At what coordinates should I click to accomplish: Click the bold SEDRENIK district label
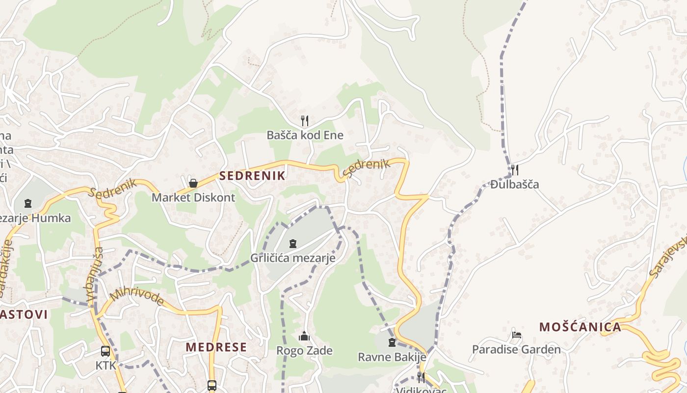click(252, 176)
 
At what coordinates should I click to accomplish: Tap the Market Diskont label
click(193, 197)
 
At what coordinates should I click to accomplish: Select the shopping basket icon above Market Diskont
click(193, 183)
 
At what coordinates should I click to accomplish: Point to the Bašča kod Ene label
click(305, 135)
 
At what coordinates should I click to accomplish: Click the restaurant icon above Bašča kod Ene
click(305, 120)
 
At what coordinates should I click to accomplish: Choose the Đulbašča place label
click(515, 184)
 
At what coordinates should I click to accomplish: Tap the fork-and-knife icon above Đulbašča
click(515, 170)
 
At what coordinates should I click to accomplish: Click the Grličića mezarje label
click(293, 257)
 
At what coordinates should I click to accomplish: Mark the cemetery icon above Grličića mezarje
click(293, 243)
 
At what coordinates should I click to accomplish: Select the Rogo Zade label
click(304, 351)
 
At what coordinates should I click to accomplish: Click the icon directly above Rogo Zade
click(304, 337)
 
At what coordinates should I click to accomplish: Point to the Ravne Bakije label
click(392, 357)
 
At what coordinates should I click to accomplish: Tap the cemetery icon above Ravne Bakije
click(392, 342)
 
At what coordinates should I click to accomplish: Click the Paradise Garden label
click(516, 349)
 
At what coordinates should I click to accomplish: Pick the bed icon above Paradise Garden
click(516, 335)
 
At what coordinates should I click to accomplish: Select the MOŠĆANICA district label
click(580, 327)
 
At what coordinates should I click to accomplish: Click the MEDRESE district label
click(216, 347)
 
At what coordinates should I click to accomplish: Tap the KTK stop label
click(106, 365)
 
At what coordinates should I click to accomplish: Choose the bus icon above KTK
click(106, 351)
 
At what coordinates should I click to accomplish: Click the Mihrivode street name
click(137, 297)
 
